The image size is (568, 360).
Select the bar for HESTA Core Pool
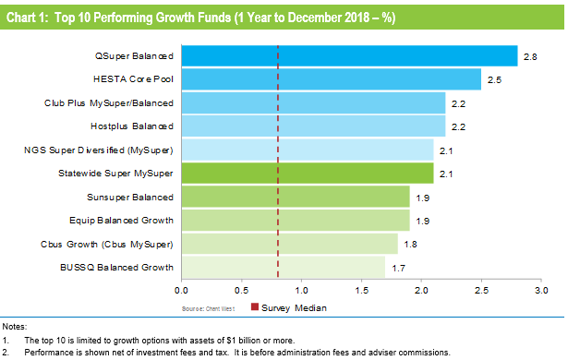[x=330, y=79]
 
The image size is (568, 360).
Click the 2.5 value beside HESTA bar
[x=493, y=79]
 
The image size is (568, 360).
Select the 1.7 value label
[x=397, y=267]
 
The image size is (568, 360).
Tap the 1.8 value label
[x=409, y=244]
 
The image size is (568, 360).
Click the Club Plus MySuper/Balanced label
[x=109, y=103]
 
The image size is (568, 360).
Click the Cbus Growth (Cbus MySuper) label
[x=111, y=244]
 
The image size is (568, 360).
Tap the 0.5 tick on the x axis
[x=241, y=291]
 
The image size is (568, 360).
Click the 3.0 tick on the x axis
[x=541, y=291]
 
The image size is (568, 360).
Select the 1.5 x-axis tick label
[x=361, y=291]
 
